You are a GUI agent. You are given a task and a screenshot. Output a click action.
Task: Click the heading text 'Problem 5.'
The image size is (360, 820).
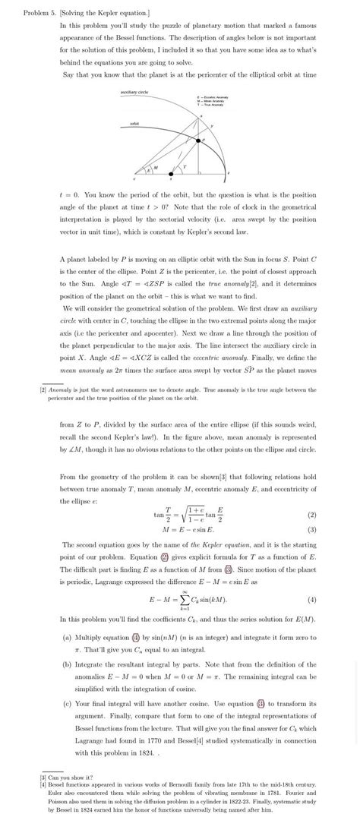coord(40,13)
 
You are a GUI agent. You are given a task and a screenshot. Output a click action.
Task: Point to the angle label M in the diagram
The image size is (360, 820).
coord(156,166)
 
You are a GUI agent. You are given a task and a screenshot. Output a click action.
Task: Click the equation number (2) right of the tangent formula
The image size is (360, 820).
coord(311,514)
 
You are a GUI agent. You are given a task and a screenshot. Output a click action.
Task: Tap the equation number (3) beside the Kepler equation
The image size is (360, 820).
coord(311,529)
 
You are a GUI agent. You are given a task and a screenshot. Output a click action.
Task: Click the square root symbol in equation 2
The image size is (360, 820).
coord(179,513)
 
